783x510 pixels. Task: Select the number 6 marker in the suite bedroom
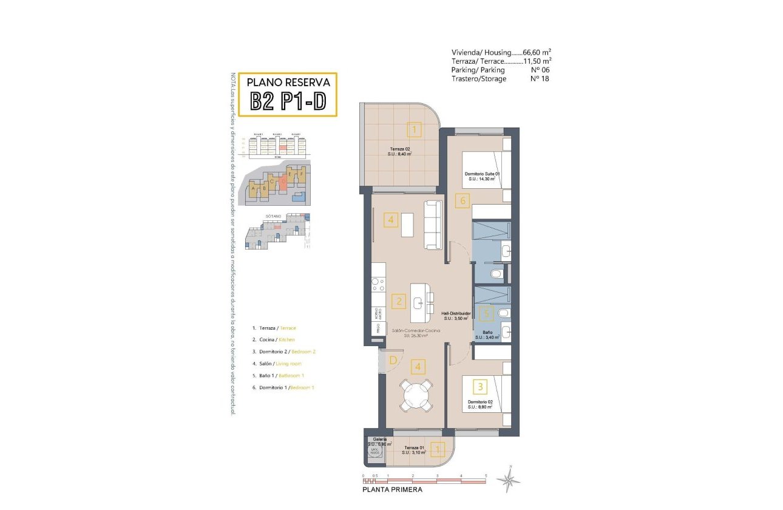pos(462,200)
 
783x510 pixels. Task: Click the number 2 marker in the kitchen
pos(398,301)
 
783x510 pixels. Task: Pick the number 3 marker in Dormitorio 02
pos(480,386)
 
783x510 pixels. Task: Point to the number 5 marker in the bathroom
pos(486,314)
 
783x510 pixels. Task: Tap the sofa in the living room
pos(433,225)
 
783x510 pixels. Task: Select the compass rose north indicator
pos(509,480)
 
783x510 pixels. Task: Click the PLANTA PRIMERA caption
pos(391,489)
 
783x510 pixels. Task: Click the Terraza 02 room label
pos(400,149)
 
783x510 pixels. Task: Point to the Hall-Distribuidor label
pos(457,313)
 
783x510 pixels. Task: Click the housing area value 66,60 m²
pos(537,53)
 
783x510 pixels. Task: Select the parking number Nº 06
pos(540,70)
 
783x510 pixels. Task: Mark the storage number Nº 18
pos(540,79)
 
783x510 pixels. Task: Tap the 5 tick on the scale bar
pos(486,476)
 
